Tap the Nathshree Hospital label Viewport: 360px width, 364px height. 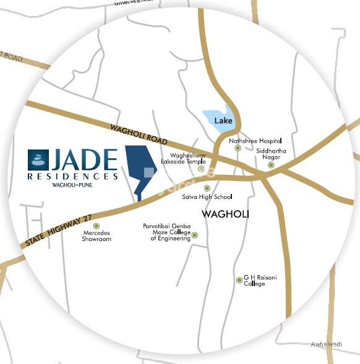(255, 141)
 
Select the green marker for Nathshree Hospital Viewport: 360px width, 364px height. (238, 148)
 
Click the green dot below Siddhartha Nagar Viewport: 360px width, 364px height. (270, 165)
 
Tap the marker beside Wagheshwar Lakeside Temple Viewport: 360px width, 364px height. (201, 169)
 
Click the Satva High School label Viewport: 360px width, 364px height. (207, 197)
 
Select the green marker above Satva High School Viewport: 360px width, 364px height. (207, 188)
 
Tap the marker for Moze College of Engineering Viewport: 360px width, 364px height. (195, 235)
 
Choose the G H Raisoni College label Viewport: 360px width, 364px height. (260, 281)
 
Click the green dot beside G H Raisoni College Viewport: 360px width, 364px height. (239, 280)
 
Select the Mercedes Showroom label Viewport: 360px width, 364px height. (96, 235)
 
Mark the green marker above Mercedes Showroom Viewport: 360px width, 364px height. (96, 226)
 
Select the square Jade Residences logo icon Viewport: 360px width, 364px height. (38, 159)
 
